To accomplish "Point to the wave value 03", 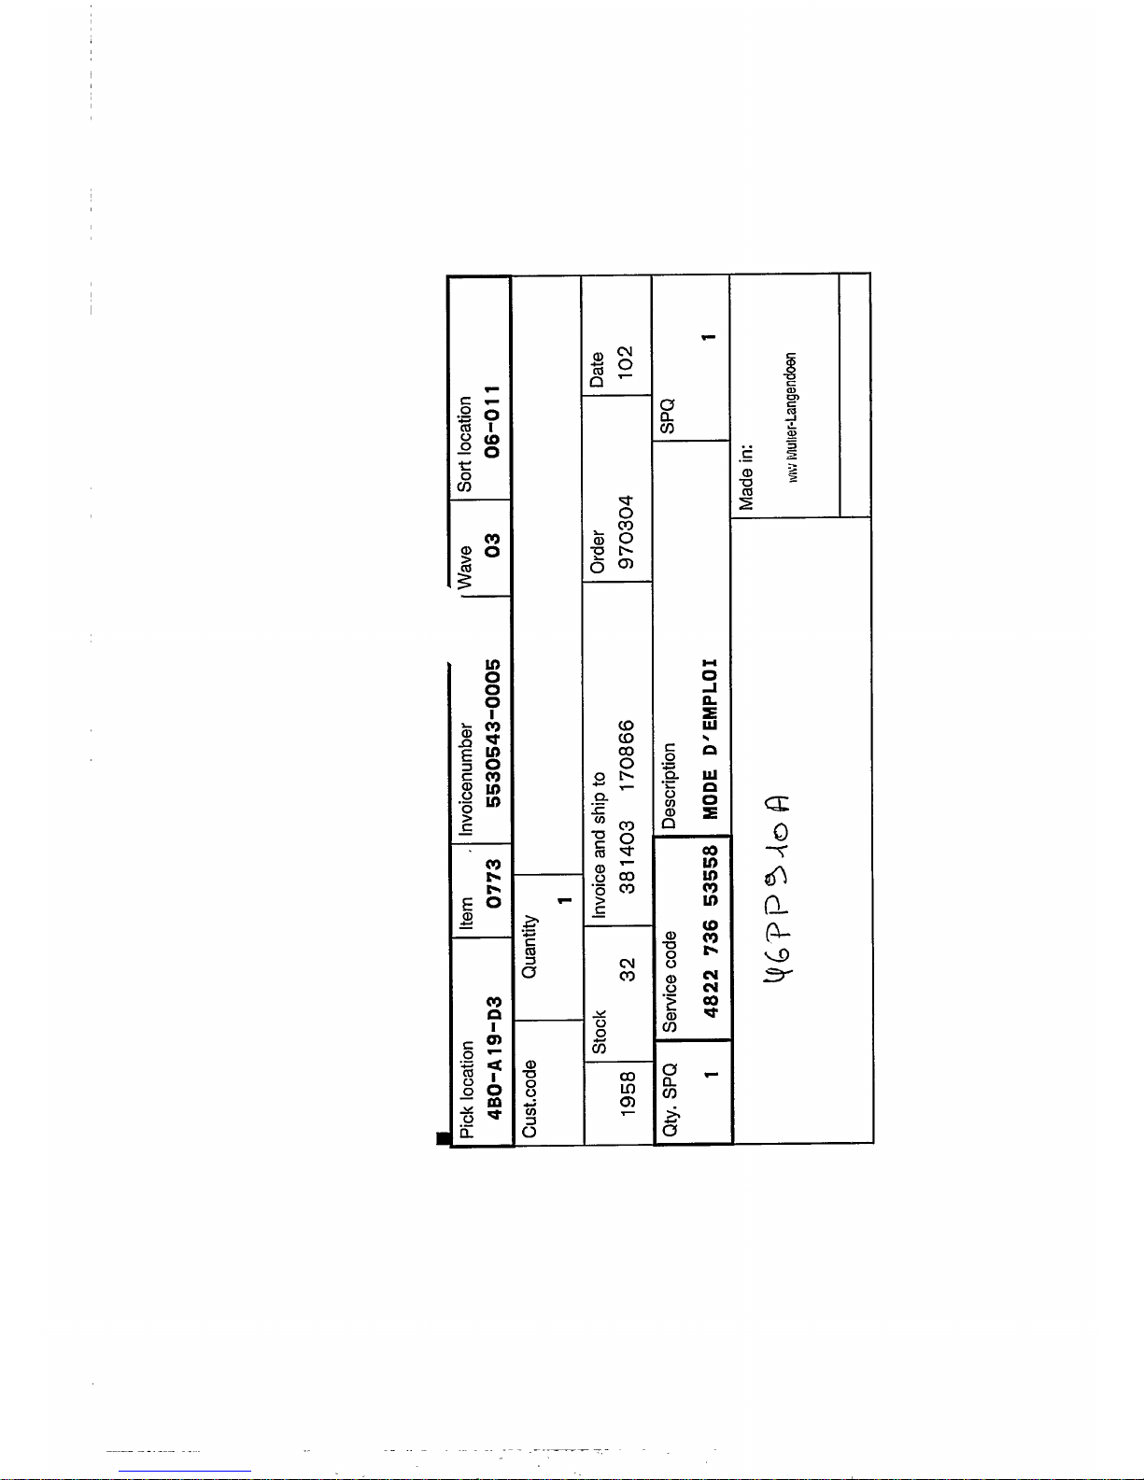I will (492, 543).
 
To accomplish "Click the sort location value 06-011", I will (492, 420).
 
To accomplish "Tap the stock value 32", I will (628, 969).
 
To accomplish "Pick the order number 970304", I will (627, 531).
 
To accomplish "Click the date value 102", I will (626, 360).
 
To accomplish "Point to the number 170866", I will (628, 754).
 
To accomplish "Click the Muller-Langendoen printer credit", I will (792, 417).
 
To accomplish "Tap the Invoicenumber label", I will (466, 779).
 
